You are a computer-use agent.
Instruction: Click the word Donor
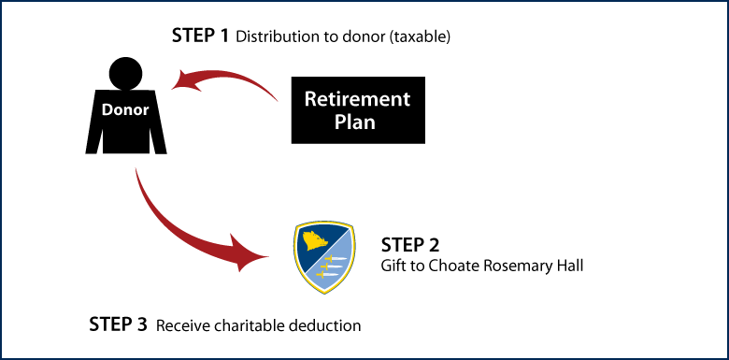(x=125, y=110)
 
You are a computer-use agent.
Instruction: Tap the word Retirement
(x=357, y=99)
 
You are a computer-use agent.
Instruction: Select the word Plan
(x=355, y=122)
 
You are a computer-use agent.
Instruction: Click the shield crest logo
(x=324, y=256)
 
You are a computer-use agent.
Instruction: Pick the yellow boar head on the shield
(x=314, y=241)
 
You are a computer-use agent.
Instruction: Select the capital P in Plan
(x=340, y=122)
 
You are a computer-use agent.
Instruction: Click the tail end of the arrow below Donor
(x=136, y=171)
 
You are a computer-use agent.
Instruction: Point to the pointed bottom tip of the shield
(x=324, y=294)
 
